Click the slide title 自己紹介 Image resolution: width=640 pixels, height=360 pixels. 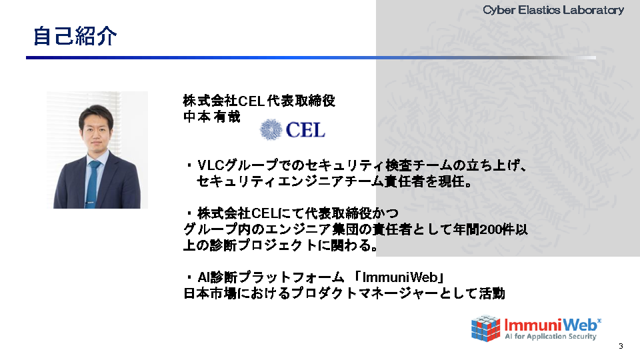click(x=75, y=36)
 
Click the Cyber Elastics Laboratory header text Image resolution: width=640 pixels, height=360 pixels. click(x=553, y=10)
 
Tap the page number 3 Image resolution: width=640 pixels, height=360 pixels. click(x=621, y=346)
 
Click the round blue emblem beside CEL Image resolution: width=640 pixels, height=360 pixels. click(x=271, y=130)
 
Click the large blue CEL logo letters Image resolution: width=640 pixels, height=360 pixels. click(x=305, y=130)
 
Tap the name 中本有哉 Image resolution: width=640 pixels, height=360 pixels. click(x=212, y=117)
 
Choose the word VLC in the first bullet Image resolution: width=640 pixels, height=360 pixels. click(x=211, y=165)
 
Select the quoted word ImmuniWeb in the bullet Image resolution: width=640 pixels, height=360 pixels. click(x=399, y=277)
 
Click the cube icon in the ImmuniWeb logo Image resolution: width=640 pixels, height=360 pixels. click(x=486, y=328)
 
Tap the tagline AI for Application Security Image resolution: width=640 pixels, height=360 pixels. click(x=550, y=336)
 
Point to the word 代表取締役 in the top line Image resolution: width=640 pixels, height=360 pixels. click(x=301, y=101)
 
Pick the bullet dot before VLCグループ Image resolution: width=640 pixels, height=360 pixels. click(x=189, y=165)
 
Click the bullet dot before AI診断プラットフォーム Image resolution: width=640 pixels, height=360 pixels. click(x=189, y=277)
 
